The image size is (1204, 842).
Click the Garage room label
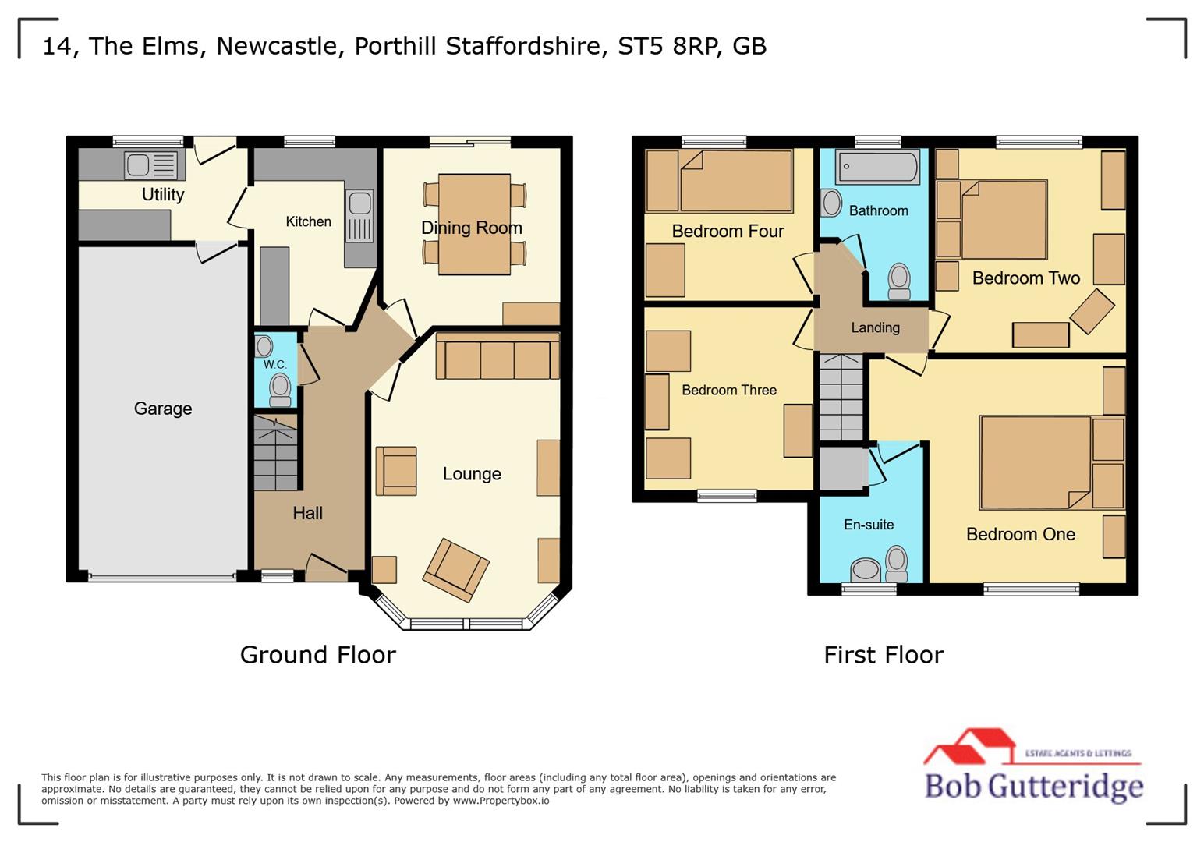pyautogui.click(x=162, y=409)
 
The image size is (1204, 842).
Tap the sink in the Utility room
pyautogui.click(x=151, y=165)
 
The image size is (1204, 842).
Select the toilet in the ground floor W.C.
pyautogui.click(x=280, y=387)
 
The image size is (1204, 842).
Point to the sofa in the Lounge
pyautogui.click(x=497, y=357)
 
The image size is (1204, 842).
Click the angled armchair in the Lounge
pyautogui.click(x=456, y=570)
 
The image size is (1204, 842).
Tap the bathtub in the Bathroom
pyautogui.click(x=877, y=166)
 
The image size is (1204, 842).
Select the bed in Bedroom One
pyautogui.click(x=1036, y=462)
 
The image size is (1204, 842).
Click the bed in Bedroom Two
pyautogui.click(x=1004, y=220)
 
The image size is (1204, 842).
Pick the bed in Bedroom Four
pyautogui.click(x=735, y=181)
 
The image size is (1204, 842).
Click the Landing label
pyautogui.click(x=875, y=327)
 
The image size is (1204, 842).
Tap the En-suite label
pyautogui.click(x=869, y=525)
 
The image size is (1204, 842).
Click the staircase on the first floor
pyautogui.click(x=841, y=397)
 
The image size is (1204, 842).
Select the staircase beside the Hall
pyautogui.click(x=276, y=453)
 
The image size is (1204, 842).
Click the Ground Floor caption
pyautogui.click(x=317, y=654)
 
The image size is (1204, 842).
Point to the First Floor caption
pyautogui.click(x=884, y=654)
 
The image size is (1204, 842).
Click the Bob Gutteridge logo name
pyautogui.click(x=1033, y=786)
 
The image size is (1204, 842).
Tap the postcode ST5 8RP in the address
pyautogui.click(x=667, y=46)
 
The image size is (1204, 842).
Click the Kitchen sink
pyautogui.click(x=359, y=204)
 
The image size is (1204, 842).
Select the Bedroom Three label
pyautogui.click(x=728, y=390)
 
